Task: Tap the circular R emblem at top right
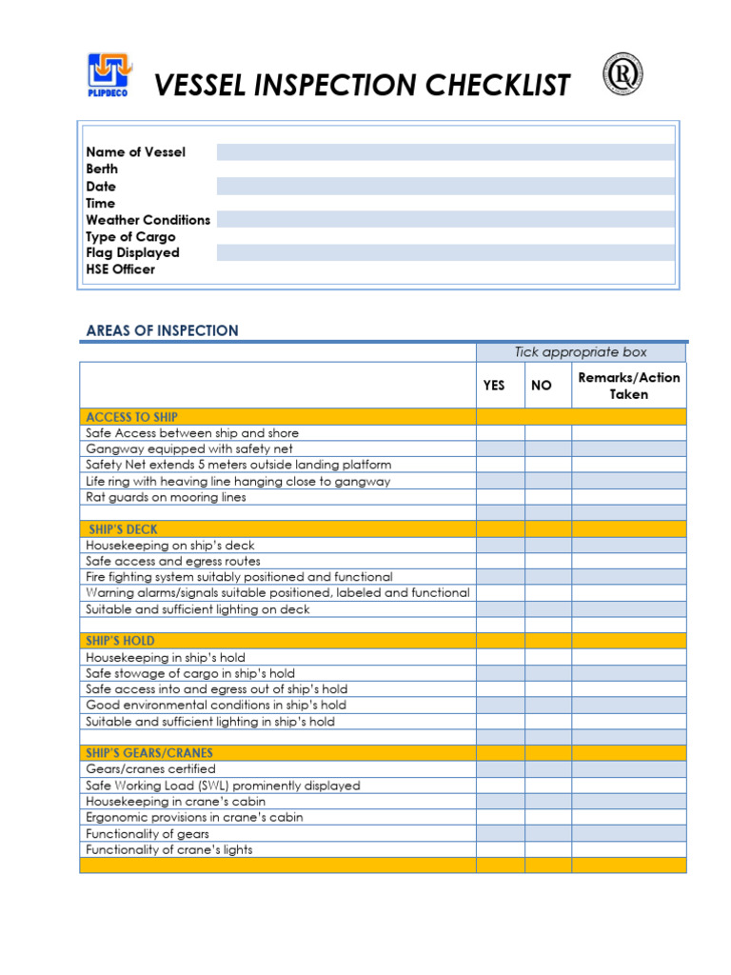pos(622,74)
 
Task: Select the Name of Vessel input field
pos(445,152)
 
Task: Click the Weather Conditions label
pos(148,220)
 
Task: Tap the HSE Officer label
pos(120,269)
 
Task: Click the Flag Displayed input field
pos(445,253)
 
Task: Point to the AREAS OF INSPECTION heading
pos(162,331)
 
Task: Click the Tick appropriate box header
pos(581,352)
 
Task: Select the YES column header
pos(494,386)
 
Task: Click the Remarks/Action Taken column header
pos(628,386)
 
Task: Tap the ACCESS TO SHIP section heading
pos(131,417)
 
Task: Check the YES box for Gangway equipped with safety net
pos(500,448)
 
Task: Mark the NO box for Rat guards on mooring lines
pos(547,497)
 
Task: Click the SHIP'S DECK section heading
pos(123,529)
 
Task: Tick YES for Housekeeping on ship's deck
pos(500,546)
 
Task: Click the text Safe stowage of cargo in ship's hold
pos(190,673)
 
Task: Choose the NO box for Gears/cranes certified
pos(547,769)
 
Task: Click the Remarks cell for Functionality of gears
pos(628,834)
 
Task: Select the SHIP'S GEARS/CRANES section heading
pos(149,753)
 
